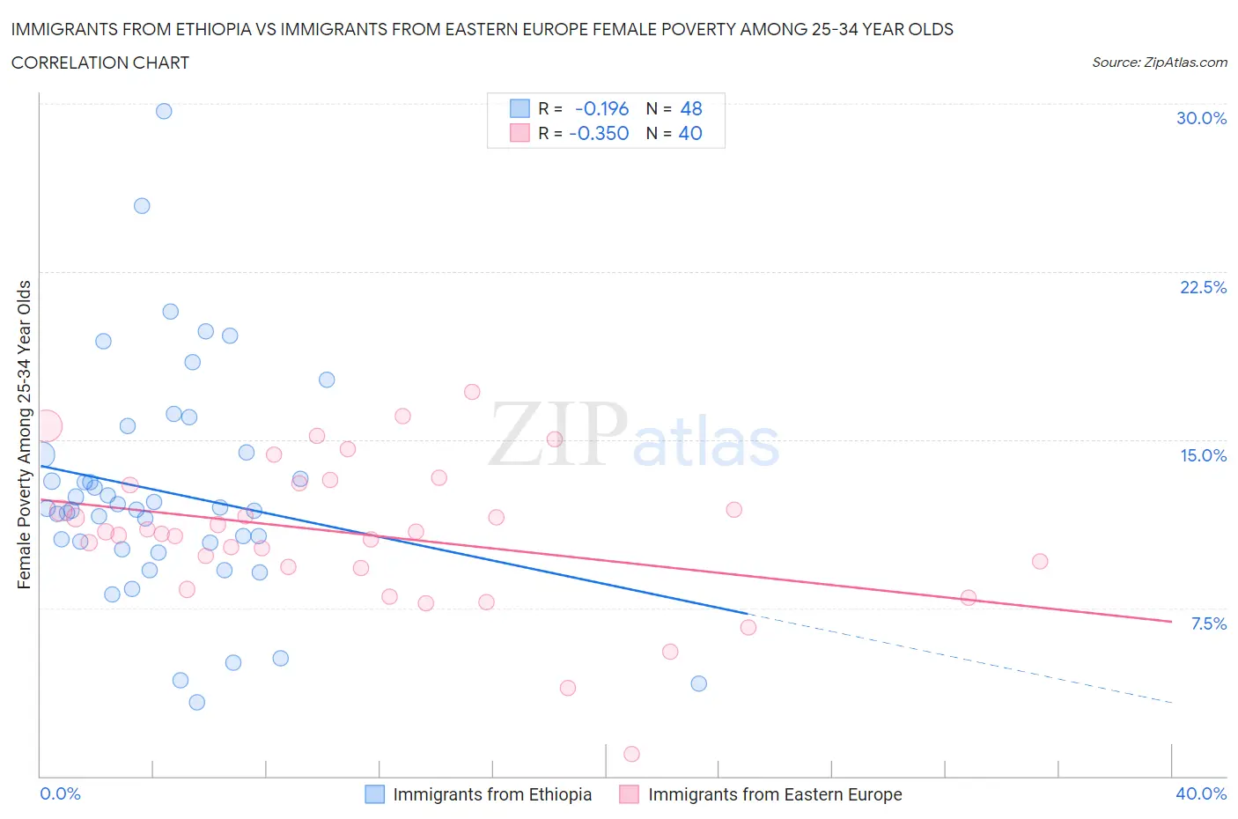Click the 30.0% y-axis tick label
[1200, 118]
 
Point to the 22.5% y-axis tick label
[1202, 287]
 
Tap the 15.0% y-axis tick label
[1202, 455]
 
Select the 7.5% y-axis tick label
[1207, 623]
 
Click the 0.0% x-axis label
[61, 793]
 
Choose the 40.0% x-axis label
[1200, 793]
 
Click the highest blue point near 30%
[164, 111]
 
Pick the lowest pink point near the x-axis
[631, 754]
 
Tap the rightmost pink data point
[1040, 561]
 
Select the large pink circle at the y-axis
[46, 426]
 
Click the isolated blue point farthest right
[699, 683]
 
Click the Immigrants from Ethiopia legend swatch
[375, 794]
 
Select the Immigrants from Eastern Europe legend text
[775, 794]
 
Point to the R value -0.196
[601, 108]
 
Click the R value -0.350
[599, 133]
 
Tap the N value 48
[691, 108]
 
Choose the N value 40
[690, 133]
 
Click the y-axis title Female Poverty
[24, 434]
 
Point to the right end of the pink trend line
[1171, 622]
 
